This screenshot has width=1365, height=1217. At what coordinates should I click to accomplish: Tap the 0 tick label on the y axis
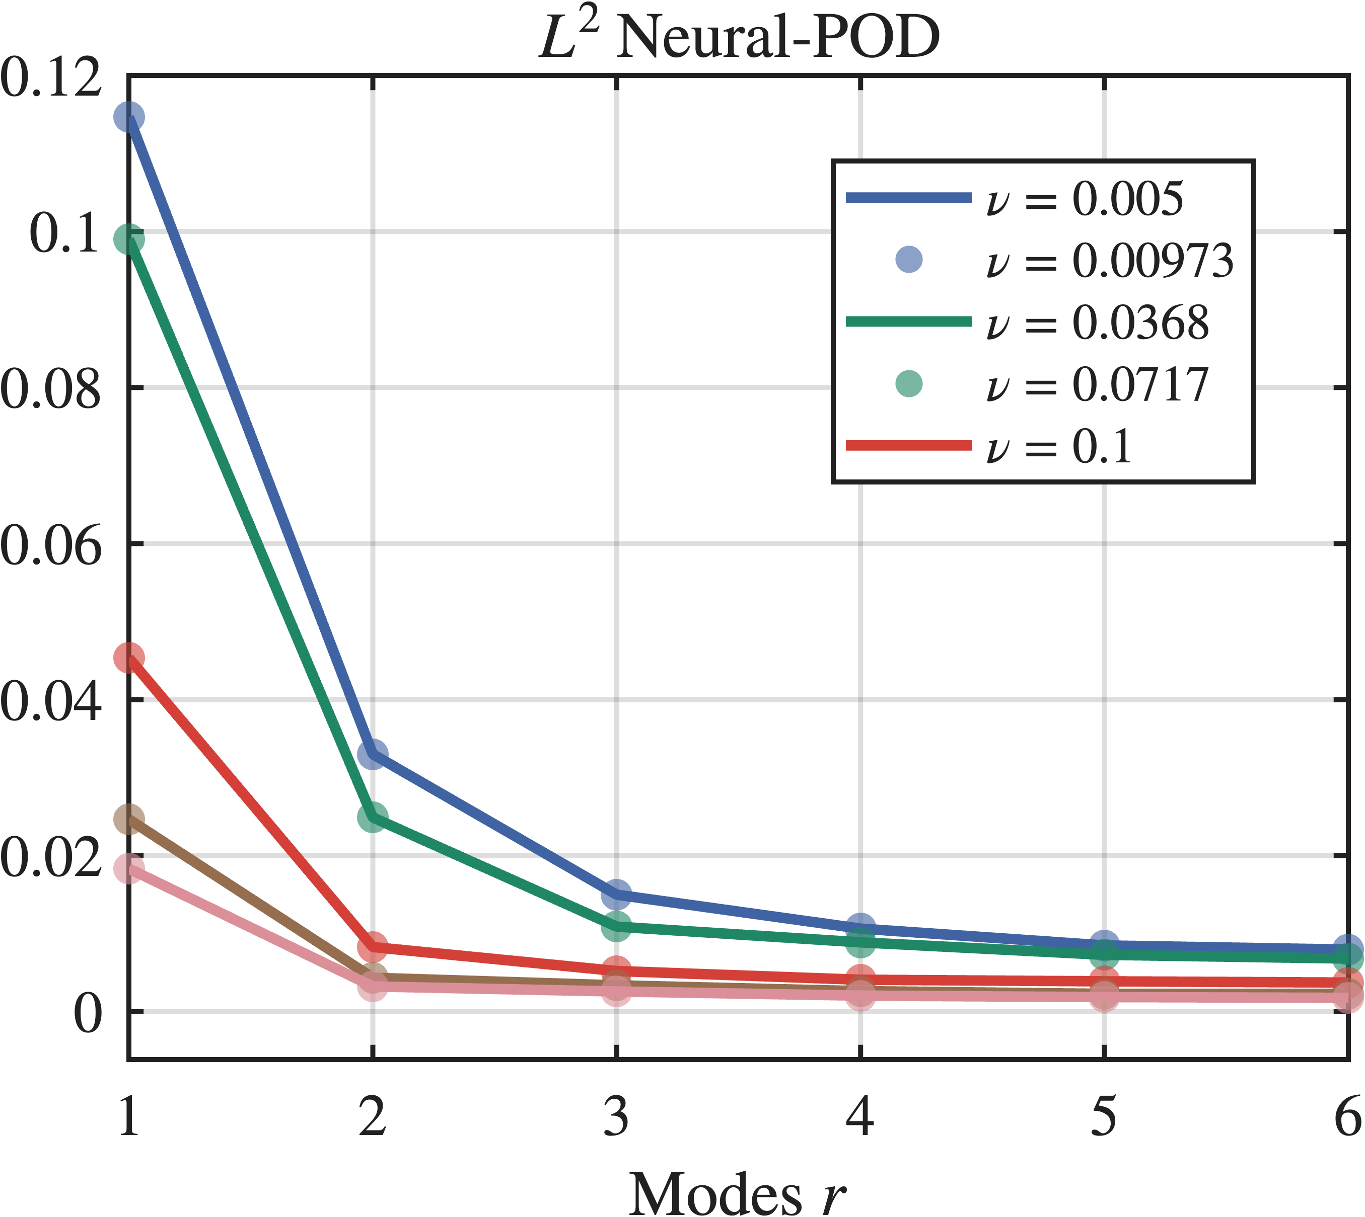point(87,1013)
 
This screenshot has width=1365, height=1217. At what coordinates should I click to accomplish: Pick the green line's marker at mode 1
point(129,238)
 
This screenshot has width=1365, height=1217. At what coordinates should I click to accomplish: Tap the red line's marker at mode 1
point(129,658)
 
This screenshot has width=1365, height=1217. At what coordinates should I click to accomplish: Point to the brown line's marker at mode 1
point(129,819)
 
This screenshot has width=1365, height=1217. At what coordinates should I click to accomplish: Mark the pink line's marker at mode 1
point(129,869)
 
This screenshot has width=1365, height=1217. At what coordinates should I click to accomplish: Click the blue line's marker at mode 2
point(373,754)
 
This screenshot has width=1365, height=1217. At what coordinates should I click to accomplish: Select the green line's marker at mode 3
point(616,926)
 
